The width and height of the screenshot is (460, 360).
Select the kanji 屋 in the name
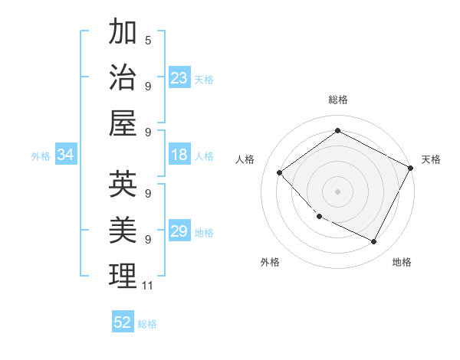123,123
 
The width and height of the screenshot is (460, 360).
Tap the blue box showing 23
179,78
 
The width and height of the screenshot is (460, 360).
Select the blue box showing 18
179,155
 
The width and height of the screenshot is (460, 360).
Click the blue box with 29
179,231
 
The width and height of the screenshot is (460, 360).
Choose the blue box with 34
65,155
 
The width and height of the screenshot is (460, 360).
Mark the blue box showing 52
123,322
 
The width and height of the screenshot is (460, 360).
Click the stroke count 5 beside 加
147,40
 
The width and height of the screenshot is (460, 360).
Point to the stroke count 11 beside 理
147,286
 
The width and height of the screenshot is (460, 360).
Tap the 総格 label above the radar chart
337,100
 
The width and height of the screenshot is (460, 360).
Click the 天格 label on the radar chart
431,159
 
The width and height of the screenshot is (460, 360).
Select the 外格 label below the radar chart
270,262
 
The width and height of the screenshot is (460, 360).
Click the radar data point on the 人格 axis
280,173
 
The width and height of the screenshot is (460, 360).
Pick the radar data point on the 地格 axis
374,242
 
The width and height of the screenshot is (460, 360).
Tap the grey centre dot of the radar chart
337,191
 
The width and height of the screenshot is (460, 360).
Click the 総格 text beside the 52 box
147,323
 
